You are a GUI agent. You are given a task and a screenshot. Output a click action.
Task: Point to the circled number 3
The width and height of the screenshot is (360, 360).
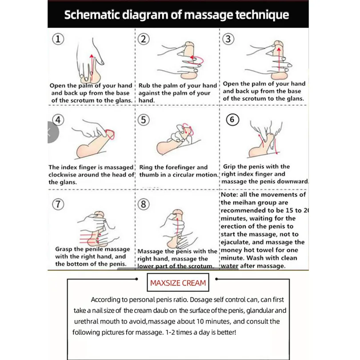(x=228, y=39)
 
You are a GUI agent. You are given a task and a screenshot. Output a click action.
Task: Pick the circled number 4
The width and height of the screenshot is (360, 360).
(x=57, y=120)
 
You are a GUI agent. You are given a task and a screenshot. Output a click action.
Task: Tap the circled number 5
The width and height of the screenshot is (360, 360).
(x=143, y=120)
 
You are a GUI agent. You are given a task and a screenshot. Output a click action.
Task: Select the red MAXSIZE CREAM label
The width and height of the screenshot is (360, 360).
(x=178, y=283)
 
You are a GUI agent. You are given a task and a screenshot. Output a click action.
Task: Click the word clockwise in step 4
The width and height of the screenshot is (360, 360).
(x=65, y=175)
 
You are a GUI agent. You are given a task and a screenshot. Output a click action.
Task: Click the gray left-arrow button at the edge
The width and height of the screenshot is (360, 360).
(x=50, y=132)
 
